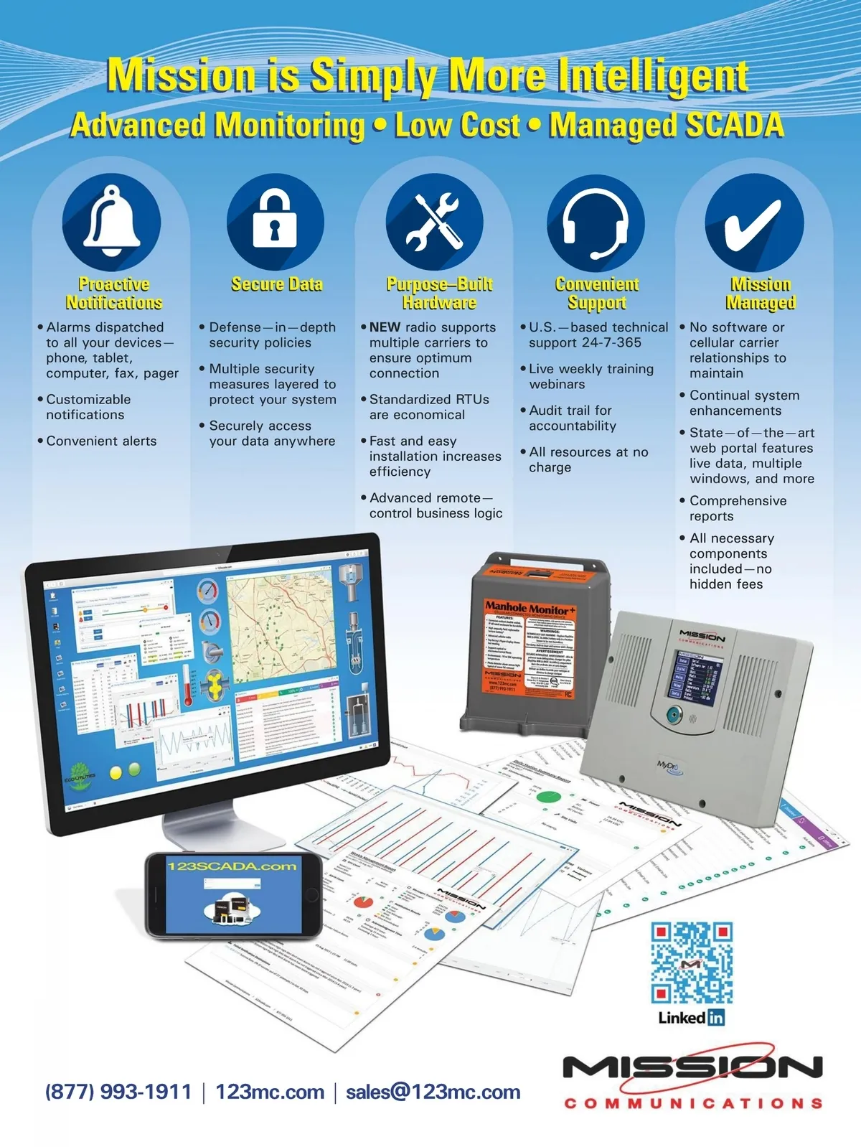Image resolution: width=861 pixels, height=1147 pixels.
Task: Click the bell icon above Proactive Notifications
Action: pyautogui.click(x=112, y=220)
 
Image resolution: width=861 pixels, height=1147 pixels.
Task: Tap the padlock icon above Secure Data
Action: pyautogui.click(x=275, y=220)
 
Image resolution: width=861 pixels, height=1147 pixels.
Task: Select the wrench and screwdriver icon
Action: pyautogui.click(x=434, y=221)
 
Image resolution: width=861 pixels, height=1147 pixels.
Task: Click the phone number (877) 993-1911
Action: pyautogui.click(x=118, y=1092)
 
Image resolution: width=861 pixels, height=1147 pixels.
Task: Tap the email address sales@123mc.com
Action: pyautogui.click(x=433, y=1092)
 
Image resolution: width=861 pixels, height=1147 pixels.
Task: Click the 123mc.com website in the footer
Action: pyautogui.click(x=270, y=1092)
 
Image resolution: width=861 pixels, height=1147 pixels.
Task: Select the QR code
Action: pyautogui.click(x=692, y=963)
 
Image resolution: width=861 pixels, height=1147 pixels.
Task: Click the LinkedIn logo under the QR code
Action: pyautogui.click(x=691, y=1017)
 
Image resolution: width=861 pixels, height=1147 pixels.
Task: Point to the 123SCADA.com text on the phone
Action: pyautogui.click(x=232, y=866)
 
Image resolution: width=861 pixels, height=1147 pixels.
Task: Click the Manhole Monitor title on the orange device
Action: pyautogui.click(x=530, y=607)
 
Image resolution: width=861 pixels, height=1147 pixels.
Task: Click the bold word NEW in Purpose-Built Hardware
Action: pyautogui.click(x=385, y=327)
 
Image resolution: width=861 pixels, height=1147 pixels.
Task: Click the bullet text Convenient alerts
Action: pyautogui.click(x=101, y=441)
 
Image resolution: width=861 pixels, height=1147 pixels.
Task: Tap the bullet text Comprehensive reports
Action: pyautogui.click(x=738, y=508)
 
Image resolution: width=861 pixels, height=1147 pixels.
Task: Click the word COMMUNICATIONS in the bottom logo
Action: pyautogui.click(x=693, y=1103)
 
